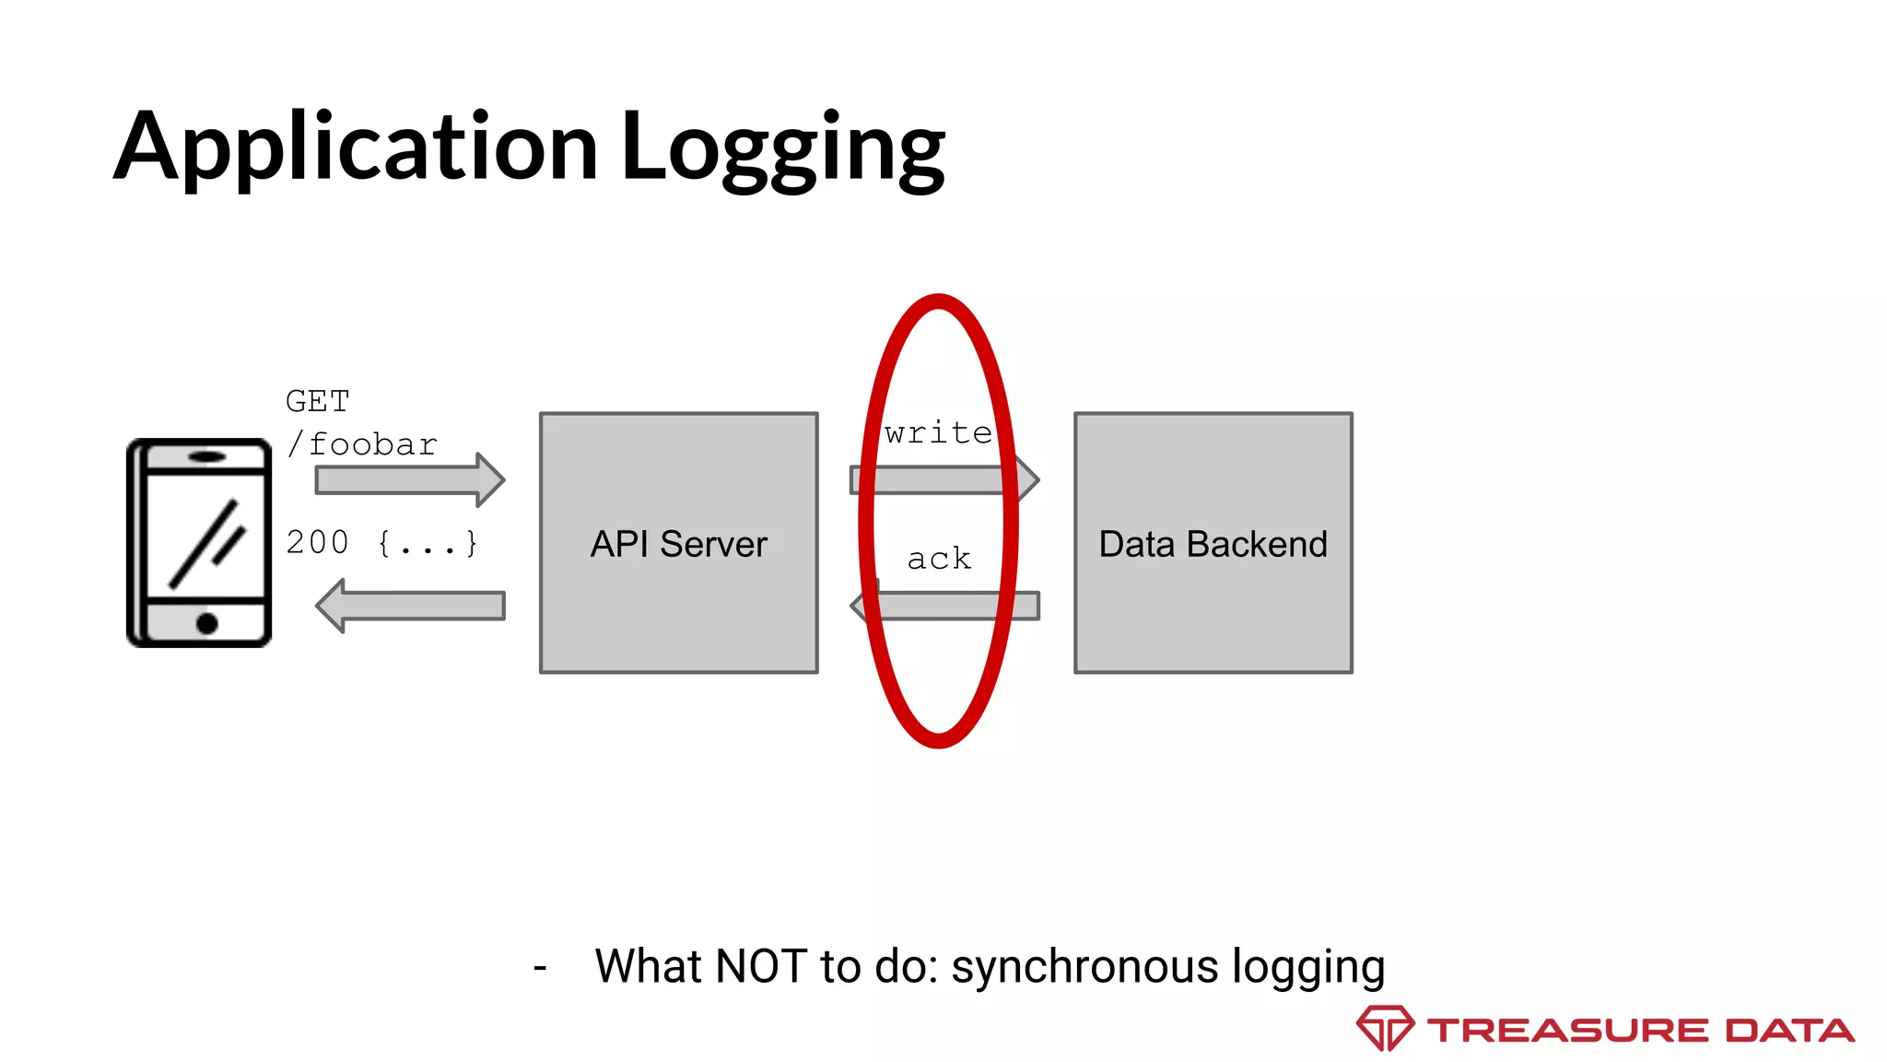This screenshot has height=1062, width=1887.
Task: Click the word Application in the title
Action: (x=356, y=147)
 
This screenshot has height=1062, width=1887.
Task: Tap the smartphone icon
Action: (x=199, y=543)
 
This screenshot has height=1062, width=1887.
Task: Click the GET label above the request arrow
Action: (x=318, y=402)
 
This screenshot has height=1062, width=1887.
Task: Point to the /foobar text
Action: (x=363, y=445)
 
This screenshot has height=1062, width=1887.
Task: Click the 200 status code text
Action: (x=318, y=542)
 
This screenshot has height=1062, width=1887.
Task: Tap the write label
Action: (x=938, y=433)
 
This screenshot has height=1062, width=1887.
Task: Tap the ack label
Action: (x=939, y=559)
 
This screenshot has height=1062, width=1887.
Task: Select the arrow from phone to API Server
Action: (x=410, y=480)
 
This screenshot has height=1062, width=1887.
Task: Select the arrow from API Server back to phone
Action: (x=410, y=606)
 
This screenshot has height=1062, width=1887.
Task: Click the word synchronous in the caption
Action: (x=1085, y=967)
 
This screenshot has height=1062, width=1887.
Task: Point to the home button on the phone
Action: (x=207, y=623)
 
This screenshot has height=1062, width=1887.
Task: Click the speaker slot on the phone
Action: (x=207, y=456)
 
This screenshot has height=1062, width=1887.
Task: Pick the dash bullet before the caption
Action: (x=540, y=968)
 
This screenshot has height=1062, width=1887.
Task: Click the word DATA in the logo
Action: (x=1789, y=1031)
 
